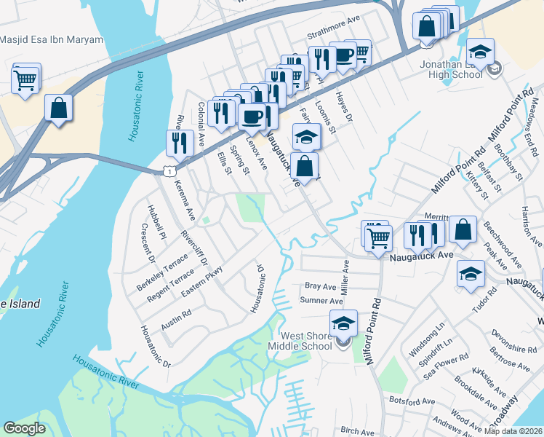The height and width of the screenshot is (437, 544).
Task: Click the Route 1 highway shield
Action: pyautogui.click(x=169, y=170)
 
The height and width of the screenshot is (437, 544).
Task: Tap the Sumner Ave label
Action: pyautogui.click(x=321, y=301)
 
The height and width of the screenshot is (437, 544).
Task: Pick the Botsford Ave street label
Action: pyautogui.click(x=412, y=401)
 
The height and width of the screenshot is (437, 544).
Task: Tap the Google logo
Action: pyautogui.click(x=24, y=428)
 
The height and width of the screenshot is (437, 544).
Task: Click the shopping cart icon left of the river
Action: pyautogui.click(x=25, y=80)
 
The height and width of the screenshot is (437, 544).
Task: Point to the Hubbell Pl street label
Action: pyautogui.click(x=157, y=218)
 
